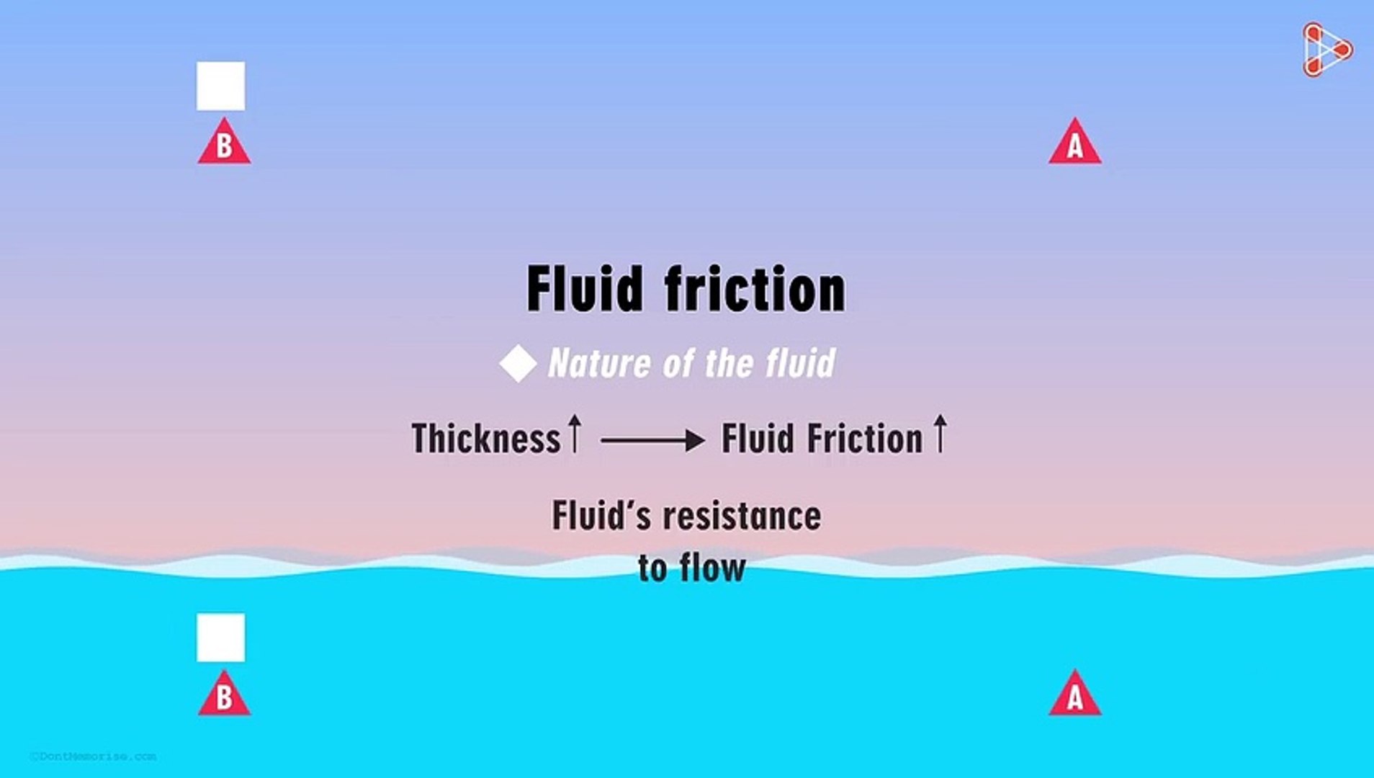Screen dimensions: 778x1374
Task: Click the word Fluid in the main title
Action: [584, 289]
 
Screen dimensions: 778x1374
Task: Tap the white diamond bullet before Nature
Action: [518, 363]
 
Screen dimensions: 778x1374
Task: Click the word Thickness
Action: [485, 439]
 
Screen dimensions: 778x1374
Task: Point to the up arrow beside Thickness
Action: [574, 433]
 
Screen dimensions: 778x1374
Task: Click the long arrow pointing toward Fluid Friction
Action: [652, 439]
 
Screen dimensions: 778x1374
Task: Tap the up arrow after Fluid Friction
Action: [940, 433]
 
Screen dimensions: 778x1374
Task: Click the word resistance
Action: [742, 517]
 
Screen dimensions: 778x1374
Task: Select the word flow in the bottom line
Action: [712, 568]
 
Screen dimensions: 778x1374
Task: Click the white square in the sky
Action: [220, 86]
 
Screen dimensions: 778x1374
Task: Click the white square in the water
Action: [220, 638]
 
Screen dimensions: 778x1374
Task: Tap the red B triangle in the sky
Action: [224, 144]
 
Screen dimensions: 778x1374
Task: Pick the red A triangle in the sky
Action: [1074, 144]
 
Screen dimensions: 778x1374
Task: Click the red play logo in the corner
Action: [1326, 50]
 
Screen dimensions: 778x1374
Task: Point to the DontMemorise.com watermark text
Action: [93, 756]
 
